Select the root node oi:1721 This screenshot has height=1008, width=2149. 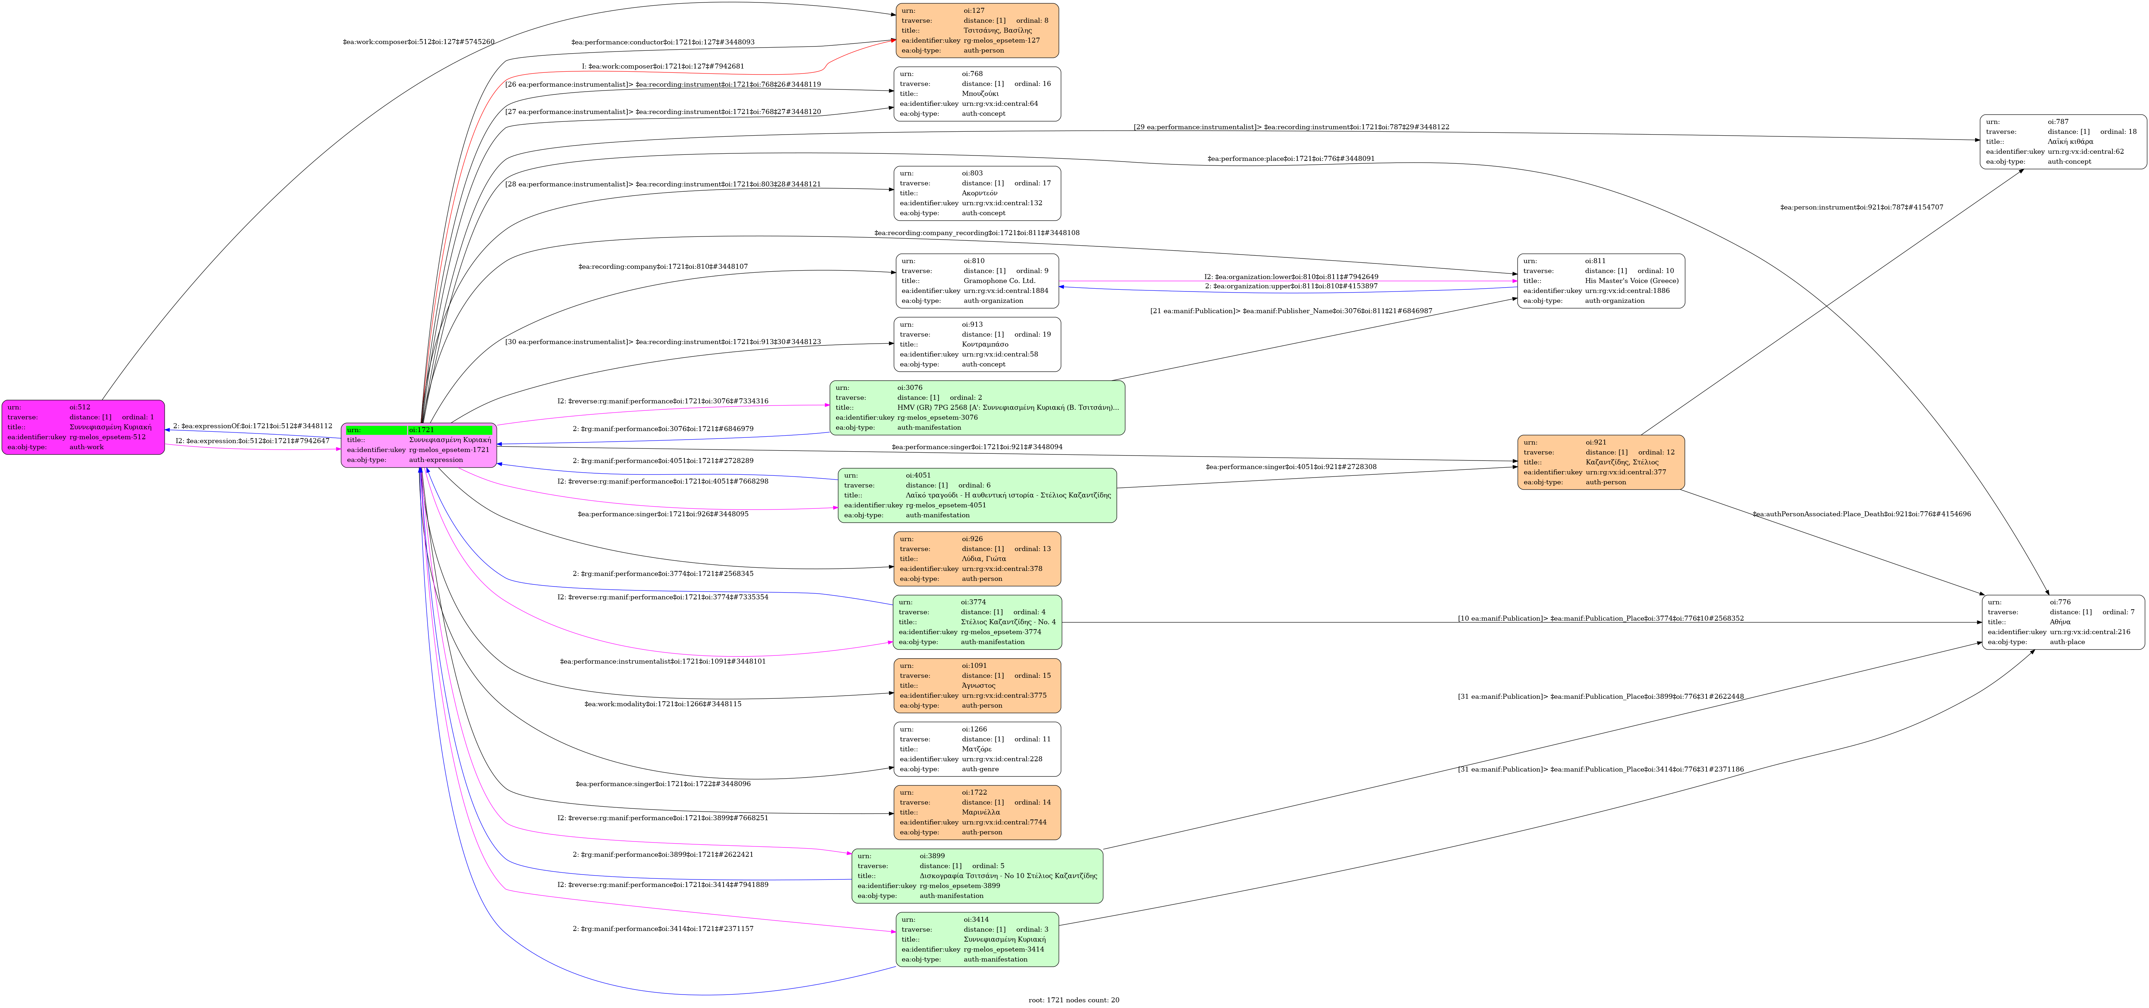coord(419,445)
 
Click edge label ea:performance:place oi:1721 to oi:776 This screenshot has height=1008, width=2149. coord(1291,159)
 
